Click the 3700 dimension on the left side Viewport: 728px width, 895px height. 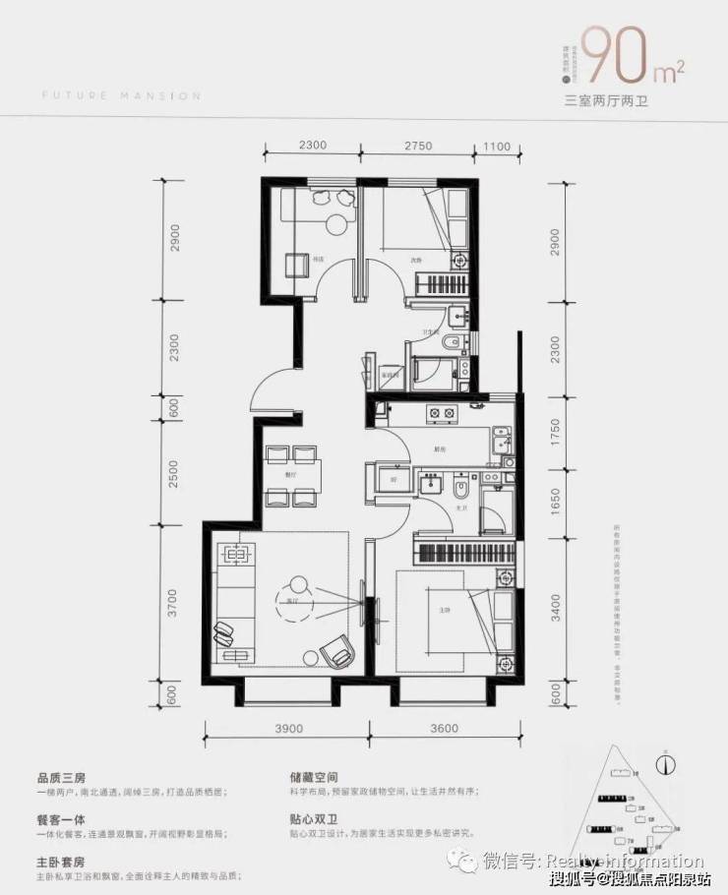click(x=174, y=601)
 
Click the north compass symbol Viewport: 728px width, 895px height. click(x=666, y=760)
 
